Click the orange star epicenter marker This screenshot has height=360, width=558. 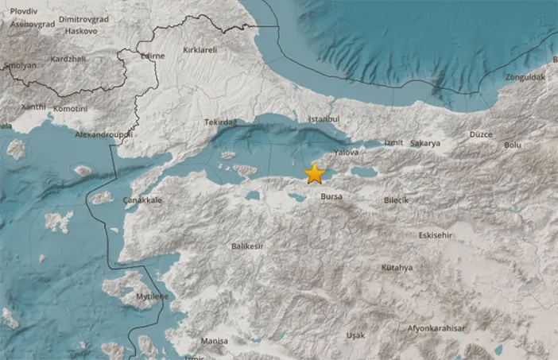(x=315, y=173)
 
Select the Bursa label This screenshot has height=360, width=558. (x=331, y=195)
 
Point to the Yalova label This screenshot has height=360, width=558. (x=347, y=152)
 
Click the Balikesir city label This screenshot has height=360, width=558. (x=247, y=247)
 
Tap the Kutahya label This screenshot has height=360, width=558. (x=397, y=268)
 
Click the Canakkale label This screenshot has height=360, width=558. (x=143, y=200)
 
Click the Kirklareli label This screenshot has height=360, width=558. (x=200, y=49)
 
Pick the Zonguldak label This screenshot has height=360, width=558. (x=524, y=78)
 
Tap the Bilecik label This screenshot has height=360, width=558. (x=396, y=201)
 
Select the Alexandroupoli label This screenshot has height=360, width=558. (x=103, y=135)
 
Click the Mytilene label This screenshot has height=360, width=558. (x=153, y=296)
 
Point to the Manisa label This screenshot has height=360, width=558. (x=214, y=341)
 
